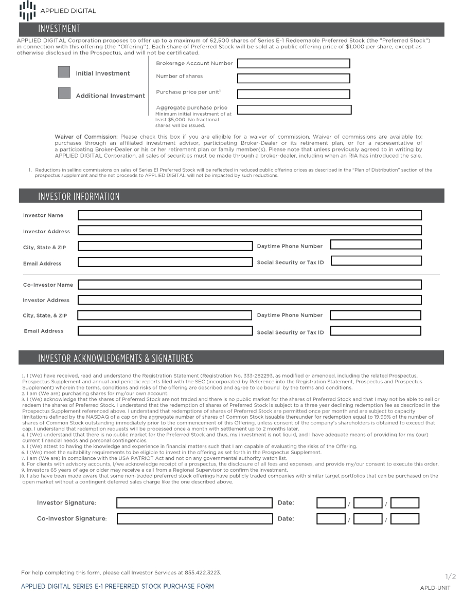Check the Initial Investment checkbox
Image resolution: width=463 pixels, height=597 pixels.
tap(64, 72)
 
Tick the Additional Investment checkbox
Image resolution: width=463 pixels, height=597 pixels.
tap(64, 93)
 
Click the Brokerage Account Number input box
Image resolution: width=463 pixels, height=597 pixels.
tap(293, 63)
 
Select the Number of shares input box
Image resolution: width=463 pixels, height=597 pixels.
tap(293, 79)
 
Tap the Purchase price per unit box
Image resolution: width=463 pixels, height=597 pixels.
tap(293, 94)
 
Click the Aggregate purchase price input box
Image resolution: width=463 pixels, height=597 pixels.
tap(294, 109)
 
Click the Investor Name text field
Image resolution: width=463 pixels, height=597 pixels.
tap(250, 215)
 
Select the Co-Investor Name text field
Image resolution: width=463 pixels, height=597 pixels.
tap(250, 285)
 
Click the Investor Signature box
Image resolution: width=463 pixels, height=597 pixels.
tap(194, 503)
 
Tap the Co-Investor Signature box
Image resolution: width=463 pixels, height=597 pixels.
tap(194, 519)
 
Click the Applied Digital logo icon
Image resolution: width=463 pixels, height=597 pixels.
tap(27, 10)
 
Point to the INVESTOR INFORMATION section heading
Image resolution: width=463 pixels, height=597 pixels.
tap(79, 196)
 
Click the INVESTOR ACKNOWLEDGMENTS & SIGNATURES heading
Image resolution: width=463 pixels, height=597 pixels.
tap(116, 358)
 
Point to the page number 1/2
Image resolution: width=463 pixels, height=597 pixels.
tap(450, 576)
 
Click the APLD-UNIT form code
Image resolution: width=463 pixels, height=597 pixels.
tap(435, 588)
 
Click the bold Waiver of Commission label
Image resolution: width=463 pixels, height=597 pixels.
tap(86, 137)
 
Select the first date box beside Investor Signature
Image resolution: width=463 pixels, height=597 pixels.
tap(331, 503)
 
